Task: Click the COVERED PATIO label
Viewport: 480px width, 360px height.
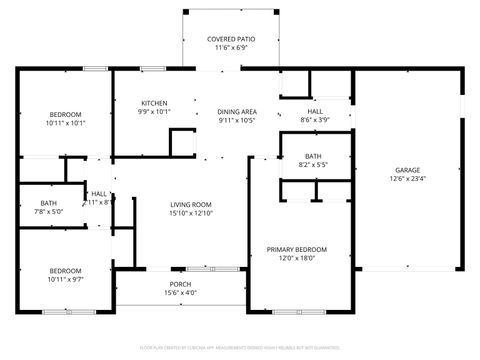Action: pos(231,38)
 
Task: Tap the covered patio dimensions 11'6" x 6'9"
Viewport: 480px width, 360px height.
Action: pos(231,47)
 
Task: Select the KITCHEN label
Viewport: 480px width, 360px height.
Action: pos(153,103)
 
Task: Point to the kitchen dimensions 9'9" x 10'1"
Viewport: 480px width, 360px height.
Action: pos(153,112)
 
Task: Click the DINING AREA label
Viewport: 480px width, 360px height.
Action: pos(238,111)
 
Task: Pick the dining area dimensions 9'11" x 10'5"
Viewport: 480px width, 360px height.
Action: pos(238,120)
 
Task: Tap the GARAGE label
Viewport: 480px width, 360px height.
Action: pos(407,170)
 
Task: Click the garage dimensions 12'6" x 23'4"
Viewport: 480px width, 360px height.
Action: pos(407,179)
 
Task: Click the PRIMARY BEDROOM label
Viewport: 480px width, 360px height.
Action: pos(296,249)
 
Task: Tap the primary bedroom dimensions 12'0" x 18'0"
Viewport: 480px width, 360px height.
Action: pos(296,258)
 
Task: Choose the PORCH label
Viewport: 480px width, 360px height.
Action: pos(180,284)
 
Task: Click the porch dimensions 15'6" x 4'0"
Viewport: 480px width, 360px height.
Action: pos(180,293)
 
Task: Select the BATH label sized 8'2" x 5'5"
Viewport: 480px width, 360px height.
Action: pos(313,156)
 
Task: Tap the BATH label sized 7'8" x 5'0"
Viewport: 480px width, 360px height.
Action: pos(49,203)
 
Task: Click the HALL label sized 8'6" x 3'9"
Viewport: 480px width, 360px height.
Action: pos(315,111)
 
